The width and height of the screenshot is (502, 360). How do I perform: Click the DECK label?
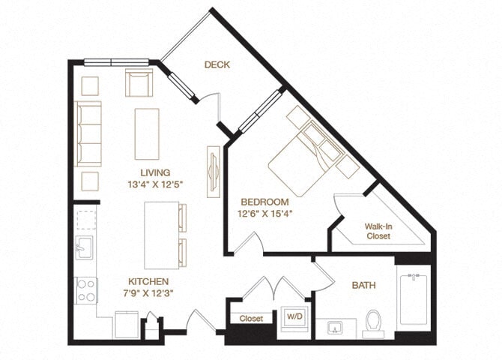click(217, 65)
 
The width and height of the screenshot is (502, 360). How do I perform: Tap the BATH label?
click(363, 286)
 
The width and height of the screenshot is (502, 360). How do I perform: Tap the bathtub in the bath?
click(413, 298)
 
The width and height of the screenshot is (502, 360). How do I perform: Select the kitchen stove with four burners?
click(86, 289)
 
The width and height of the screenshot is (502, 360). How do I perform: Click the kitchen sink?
click(85, 247)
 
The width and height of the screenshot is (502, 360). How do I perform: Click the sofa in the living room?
click(88, 133)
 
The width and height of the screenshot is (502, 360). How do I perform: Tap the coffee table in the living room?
click(146, 133)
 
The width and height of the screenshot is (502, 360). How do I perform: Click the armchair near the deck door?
click(139, 84)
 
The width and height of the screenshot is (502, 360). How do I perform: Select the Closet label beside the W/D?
click(251, 319)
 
